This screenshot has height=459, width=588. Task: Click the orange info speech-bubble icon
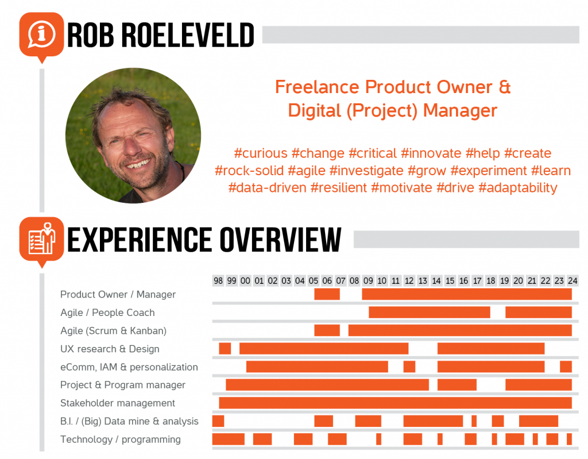(x=41, y=35)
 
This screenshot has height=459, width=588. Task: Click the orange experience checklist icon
(x=41, y=240)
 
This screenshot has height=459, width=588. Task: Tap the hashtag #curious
(x=261, y=153)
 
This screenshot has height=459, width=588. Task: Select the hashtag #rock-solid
(x=249, y=171)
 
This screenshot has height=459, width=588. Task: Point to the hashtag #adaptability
(x=518, y=188)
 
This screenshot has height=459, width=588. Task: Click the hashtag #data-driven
(x=268, y=188)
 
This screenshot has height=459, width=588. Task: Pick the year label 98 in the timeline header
(x=218, y=281)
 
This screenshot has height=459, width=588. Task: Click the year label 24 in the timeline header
(x=572, y=281)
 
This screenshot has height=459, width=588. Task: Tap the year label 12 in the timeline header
(x=409, y=281)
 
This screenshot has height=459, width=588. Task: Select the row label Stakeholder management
(x=118, y=403)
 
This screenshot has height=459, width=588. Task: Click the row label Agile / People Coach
(x=107, y=313)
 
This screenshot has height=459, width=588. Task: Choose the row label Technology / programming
(x=121, y=439)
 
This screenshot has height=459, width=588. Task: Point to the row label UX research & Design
(x=110, y=349)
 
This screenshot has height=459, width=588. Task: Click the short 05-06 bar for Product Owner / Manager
(x=327, y=294)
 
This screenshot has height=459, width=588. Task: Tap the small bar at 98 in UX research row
(x=225, y=349)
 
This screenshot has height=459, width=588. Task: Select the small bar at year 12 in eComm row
(x=409, y=367)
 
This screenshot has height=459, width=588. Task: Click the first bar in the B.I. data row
(x=218, y=421)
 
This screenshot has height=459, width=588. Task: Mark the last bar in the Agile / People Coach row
(x=539, y=313)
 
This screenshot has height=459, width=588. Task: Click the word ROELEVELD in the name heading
(x=188, y=35)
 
